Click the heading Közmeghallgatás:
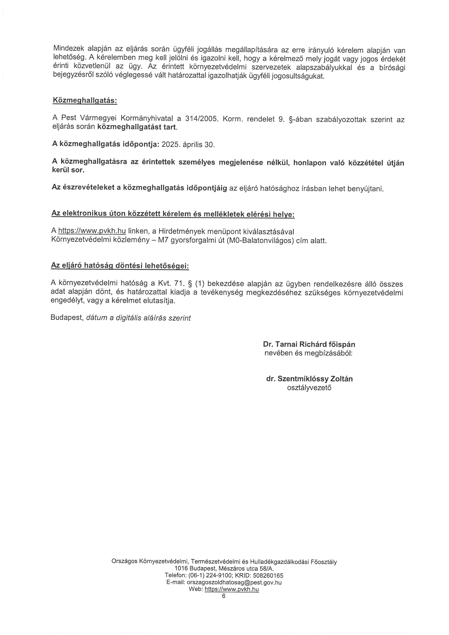pos(85,100)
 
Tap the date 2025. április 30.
pos(188,145)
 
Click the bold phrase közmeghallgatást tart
pos(137,127)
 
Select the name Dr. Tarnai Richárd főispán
pos(309,344)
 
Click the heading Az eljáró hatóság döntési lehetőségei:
pos(120,266)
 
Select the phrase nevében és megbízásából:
pos(309,353)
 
